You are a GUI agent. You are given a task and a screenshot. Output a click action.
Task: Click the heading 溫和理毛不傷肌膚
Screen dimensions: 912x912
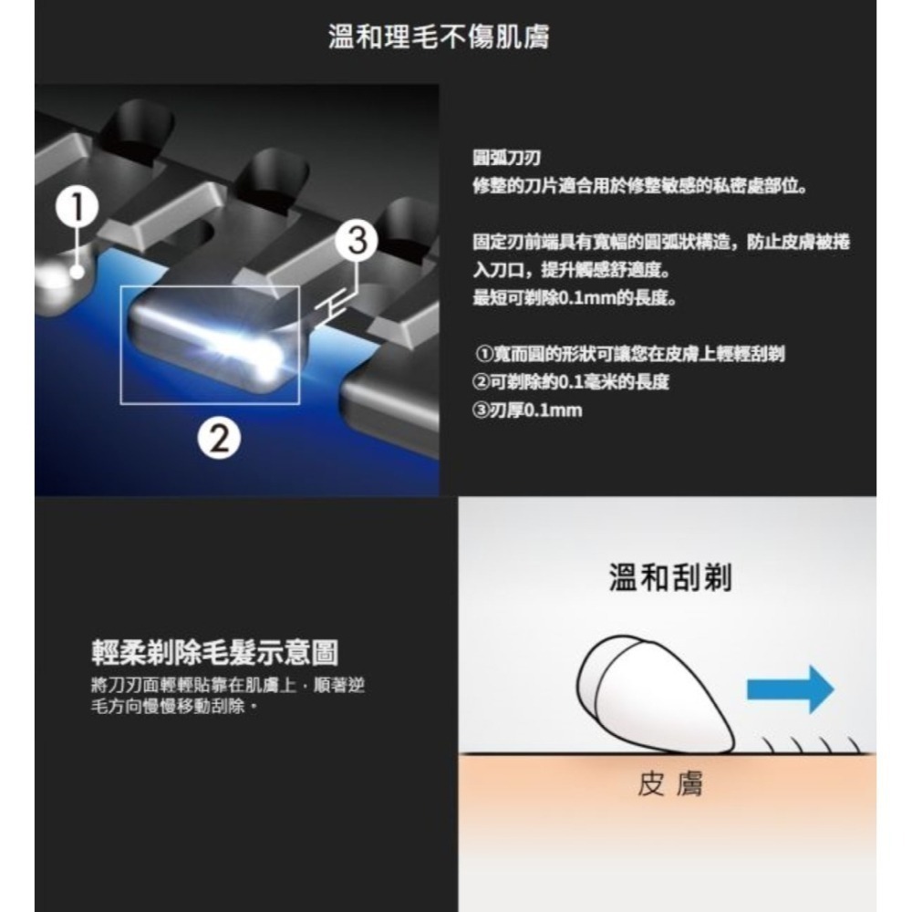tap(438, 38)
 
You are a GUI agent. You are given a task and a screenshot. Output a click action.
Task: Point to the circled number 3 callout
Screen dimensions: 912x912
tap(357, 243)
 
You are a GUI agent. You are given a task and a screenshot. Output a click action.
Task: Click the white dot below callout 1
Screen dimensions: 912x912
tap(78, 272)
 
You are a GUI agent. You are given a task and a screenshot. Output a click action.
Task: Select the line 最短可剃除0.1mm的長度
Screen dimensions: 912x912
tap(574, 299)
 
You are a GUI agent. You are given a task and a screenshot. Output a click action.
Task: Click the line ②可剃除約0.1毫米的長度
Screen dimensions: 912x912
tap(571, 382)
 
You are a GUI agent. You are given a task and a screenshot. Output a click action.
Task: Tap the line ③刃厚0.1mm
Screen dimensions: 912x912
tap(527, 410)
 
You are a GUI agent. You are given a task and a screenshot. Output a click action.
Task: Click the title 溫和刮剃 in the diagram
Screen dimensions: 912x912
tap(669, 576)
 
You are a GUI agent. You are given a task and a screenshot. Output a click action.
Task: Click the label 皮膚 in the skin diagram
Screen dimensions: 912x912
tap(669, 786)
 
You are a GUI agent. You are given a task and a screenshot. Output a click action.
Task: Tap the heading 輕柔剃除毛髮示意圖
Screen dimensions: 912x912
tap(215, 652)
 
